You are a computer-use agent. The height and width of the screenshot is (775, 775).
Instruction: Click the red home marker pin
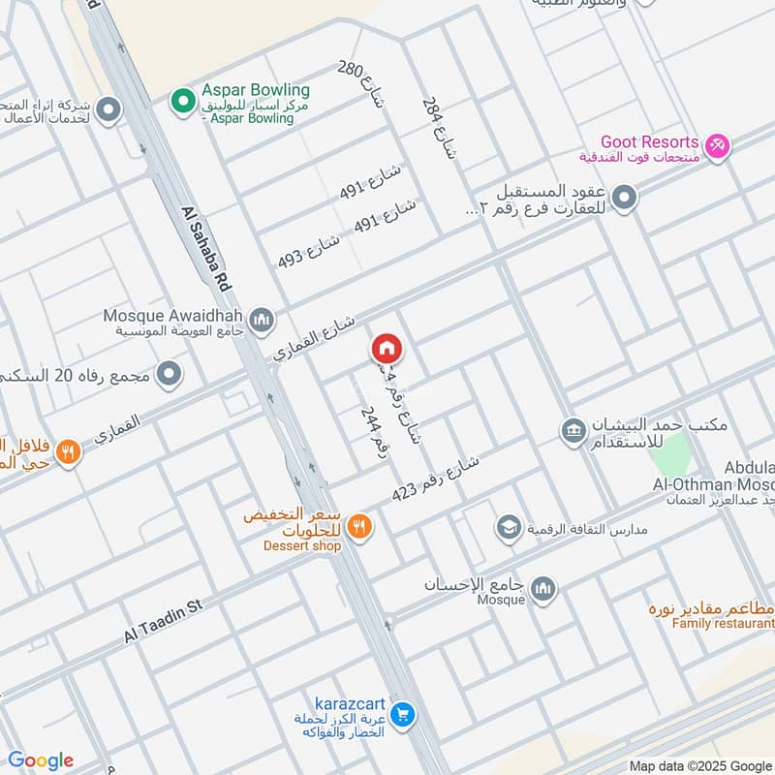tap(386, 348)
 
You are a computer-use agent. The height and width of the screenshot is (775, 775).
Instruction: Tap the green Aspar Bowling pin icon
tap(180, 99)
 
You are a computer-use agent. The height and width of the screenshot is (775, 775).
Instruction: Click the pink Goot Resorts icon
tap(717, 145)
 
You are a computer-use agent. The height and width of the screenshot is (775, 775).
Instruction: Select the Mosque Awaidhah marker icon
tap(261, 319)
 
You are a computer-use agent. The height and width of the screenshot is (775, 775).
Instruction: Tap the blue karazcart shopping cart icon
tap(404, 716)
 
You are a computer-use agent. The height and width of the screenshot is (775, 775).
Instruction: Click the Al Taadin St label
tap(162, 620)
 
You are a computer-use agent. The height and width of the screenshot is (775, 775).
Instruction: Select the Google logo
tap(40, 760)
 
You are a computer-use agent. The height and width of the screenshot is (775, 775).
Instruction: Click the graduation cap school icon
tap(508, 527)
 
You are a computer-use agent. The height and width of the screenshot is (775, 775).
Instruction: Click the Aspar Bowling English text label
tap(255, 90)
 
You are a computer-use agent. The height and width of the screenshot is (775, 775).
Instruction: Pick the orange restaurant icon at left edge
tap(67, 450)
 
